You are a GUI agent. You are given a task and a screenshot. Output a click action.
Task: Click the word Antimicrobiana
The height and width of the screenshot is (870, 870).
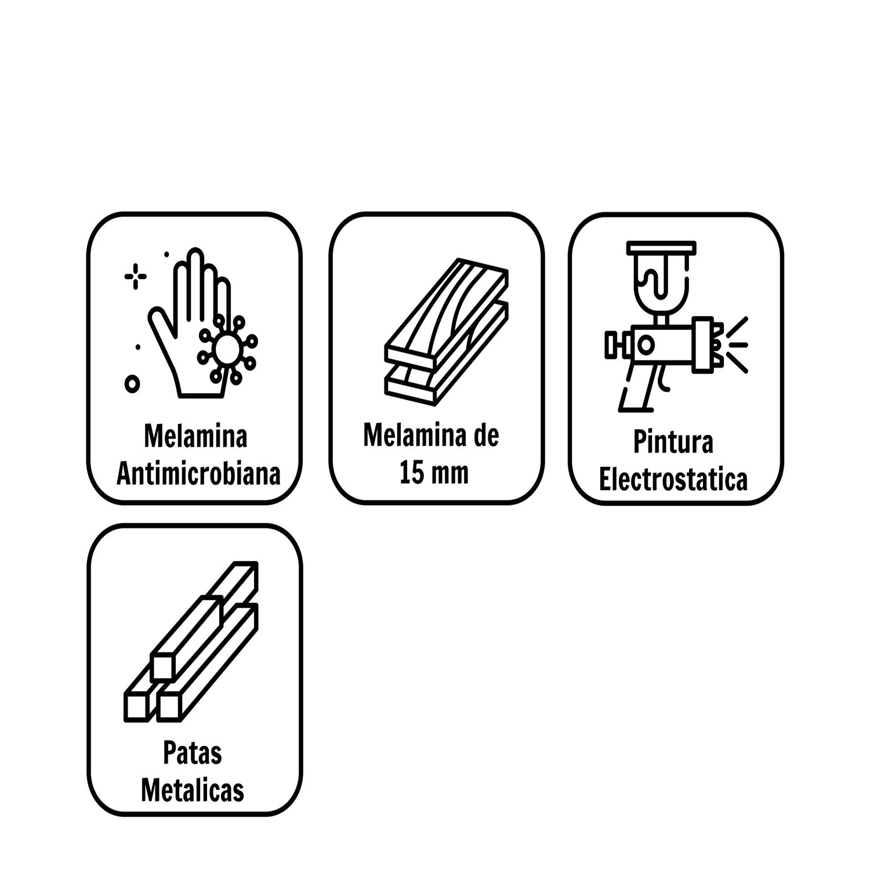198,474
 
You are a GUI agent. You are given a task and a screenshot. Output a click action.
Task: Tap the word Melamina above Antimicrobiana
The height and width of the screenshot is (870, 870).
195,436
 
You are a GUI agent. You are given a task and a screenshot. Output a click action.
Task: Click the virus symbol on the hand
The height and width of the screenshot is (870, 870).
227,348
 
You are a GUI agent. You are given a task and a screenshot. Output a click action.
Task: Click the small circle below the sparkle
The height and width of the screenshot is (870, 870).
132,383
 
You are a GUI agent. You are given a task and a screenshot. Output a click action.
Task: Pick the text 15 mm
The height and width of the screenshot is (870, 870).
433,472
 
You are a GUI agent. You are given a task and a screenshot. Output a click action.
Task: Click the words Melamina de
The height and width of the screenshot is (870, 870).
431,435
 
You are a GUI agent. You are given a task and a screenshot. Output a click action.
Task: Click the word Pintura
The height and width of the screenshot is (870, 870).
673,442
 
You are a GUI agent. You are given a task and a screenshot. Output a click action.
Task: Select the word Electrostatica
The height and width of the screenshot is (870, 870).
673,480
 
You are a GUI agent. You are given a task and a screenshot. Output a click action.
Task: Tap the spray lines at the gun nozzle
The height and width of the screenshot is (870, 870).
735,345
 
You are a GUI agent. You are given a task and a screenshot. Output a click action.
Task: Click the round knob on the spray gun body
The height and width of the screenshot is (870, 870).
646,345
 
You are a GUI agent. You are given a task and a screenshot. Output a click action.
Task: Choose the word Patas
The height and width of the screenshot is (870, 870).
192,753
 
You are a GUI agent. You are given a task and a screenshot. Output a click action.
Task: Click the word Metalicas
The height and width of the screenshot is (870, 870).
192,791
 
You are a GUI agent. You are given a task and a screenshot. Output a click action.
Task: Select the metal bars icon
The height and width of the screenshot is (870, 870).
191,641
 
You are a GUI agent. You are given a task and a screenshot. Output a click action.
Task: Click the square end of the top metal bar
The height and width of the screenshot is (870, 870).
162,667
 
